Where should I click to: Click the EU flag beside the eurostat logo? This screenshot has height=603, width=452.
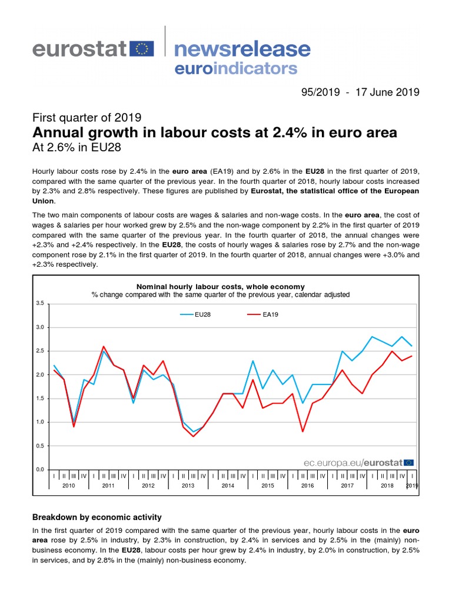point(142,49)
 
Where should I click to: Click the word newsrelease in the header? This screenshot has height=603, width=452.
point(242,49)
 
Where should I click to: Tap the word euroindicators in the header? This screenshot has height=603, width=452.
point(236,68)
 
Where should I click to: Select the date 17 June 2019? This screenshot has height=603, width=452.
point(387,92)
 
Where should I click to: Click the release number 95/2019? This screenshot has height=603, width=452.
point(321,92)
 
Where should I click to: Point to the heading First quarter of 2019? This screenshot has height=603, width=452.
point(87,117)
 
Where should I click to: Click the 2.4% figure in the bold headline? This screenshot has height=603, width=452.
point(290,132)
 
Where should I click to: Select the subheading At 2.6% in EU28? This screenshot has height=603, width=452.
point(77,147)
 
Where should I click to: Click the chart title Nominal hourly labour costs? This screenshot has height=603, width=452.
point(221,287)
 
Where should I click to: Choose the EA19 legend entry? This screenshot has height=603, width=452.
point(263,314)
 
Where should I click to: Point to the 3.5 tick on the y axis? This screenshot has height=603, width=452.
point(40,303)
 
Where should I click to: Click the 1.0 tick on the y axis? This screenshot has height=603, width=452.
point(40,422)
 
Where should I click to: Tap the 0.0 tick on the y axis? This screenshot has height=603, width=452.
point(40,469)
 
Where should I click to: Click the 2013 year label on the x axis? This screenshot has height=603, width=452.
point(188,486)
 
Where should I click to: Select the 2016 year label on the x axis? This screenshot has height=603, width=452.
point(307,486)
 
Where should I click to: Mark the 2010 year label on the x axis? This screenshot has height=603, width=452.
point(69,486)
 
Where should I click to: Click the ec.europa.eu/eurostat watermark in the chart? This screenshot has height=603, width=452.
point(358,463)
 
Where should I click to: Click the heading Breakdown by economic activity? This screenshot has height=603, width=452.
point(97,517)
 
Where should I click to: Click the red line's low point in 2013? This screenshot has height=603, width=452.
point(193,436)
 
